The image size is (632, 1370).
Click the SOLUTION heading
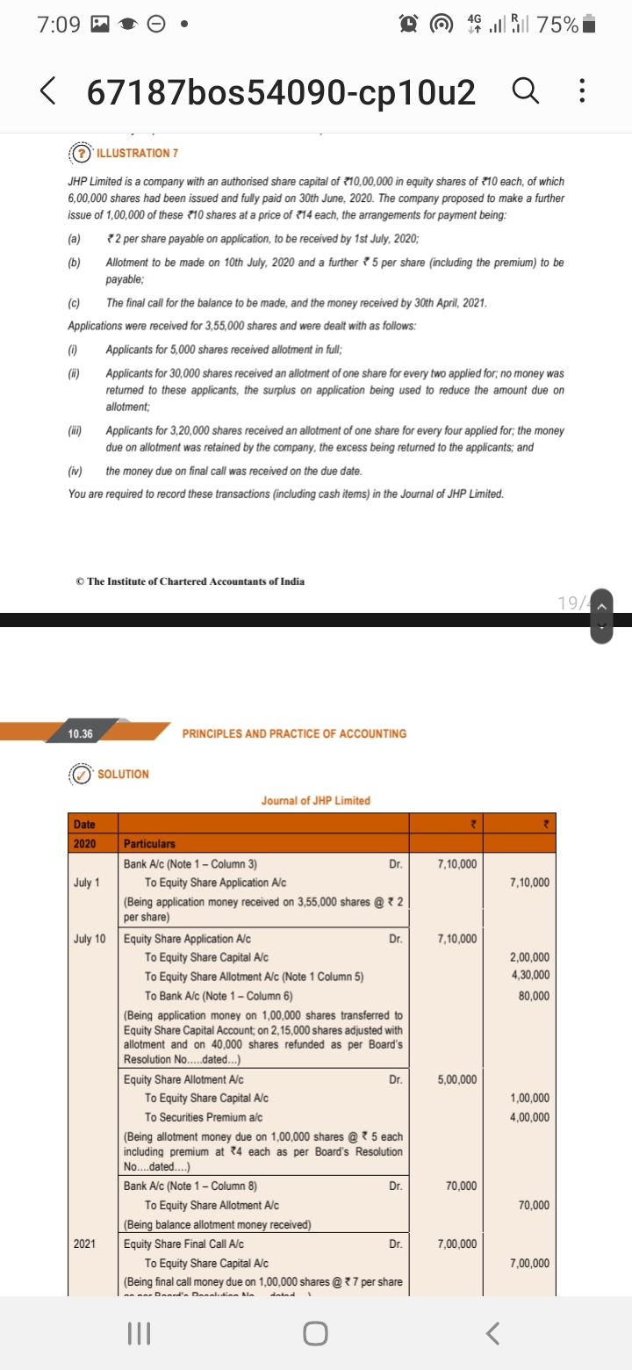[x=123, y=774]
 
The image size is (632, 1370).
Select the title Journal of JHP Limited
[x=316, y=800]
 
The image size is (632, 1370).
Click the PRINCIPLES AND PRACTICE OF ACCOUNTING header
[x=295, y=733]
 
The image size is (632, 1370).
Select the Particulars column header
[x=150, y=843]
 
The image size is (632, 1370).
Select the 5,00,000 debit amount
[x=456, y=1079]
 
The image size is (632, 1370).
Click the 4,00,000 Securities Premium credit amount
[x=529, y=1117]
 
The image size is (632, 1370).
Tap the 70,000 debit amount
[x=460, y=1186]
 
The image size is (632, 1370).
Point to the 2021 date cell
[x=87, y=1244]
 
